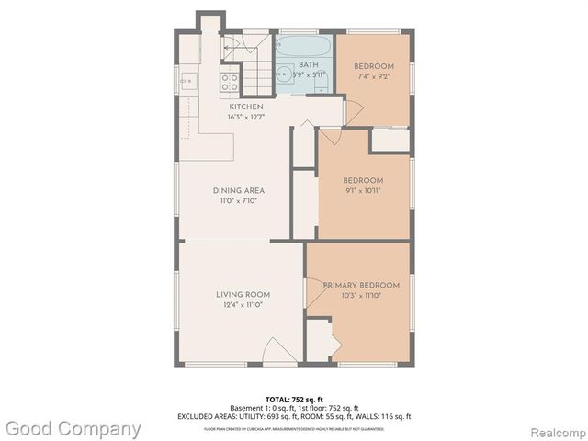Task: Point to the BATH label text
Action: point(309,65)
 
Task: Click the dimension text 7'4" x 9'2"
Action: point(375,77)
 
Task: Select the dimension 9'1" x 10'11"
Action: point(363,191)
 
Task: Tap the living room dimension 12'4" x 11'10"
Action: point(243,304)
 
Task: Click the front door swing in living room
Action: point(279,351)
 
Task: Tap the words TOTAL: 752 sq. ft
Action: point(293,399)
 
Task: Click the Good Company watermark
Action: point(73,428)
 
